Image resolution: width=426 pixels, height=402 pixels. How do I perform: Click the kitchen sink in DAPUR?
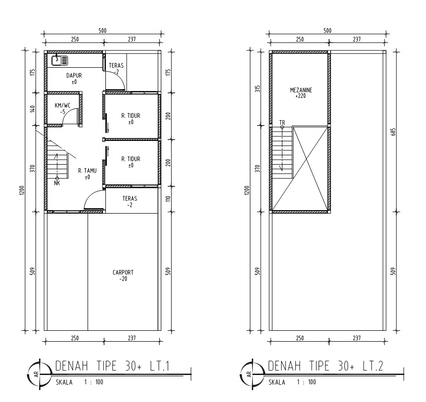(59, 60)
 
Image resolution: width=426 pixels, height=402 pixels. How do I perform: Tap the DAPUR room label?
(74, 76)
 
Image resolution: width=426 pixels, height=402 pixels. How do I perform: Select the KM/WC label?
(62, 105)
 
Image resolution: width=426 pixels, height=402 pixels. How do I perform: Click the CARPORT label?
(123, 272)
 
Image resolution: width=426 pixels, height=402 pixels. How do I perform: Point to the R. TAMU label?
(87, 171)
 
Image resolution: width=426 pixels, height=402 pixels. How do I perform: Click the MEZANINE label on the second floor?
(301, 90)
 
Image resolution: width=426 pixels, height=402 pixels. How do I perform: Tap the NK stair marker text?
(57, 183)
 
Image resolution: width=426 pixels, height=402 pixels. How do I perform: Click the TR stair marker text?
(283, 123)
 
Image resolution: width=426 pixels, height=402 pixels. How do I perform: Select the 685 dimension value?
(394, 132)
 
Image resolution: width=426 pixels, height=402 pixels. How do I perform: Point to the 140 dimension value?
(33, 109)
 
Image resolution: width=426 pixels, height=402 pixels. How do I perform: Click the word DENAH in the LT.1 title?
(72, 366)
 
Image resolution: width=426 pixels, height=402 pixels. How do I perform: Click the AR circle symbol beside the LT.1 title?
(40, 374)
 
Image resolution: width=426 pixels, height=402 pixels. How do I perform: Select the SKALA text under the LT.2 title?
(277, 382)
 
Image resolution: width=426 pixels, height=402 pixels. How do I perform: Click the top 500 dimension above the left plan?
(102, 30)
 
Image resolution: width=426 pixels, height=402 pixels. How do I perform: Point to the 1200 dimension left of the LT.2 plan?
(246, 190)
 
